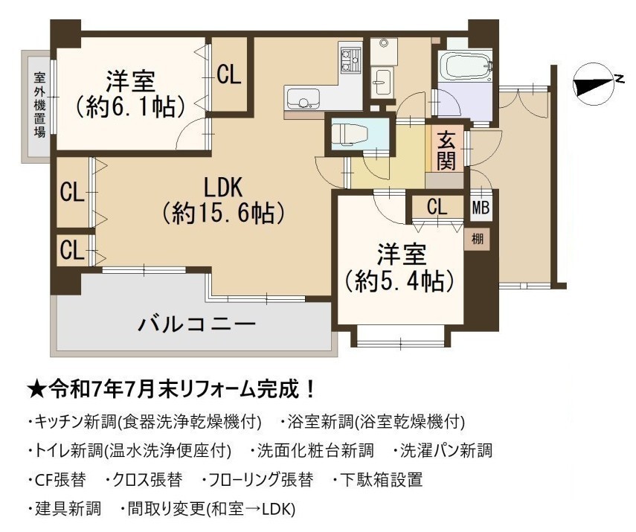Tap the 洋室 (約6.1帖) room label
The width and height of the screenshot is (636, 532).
click(x=130, y=94)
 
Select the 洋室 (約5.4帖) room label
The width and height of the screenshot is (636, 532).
click(x=400, y=267)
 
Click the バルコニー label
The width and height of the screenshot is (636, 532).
click(x=196, y=324)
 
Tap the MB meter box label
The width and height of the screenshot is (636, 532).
click(x=481, y=208)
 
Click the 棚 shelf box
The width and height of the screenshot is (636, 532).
click(x=477, y=239)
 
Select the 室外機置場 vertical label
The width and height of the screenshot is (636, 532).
click(x=39, y=105)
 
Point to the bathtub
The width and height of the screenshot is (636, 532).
click(x=465, y=65)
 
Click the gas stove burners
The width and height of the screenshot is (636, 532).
click(x=350, y=60)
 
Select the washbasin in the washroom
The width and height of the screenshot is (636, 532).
click(x=382, y=82)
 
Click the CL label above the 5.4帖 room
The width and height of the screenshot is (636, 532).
click(x=437, y=207)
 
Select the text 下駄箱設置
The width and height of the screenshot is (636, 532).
click(x=381, y=480)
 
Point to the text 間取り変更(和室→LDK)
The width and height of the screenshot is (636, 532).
click(x=211, y=508)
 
